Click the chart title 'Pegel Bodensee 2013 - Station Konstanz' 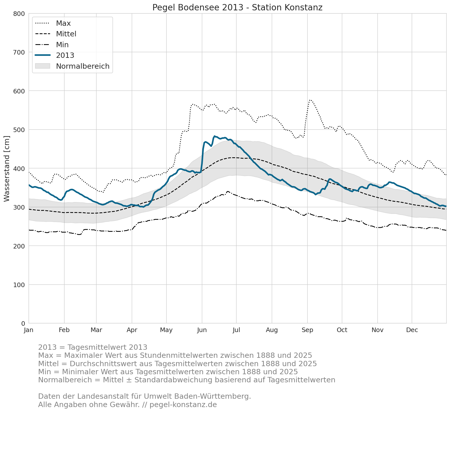point(237,8)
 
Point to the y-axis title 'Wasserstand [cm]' point(7,169)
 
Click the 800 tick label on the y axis point(19,14)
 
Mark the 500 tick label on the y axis point(19,130)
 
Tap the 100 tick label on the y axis point(19,285)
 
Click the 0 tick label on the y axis point(23,323)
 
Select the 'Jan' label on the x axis point(29,330)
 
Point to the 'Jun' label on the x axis point(202,330)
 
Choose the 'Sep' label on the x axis point(307,330)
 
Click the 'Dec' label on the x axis point(412,330)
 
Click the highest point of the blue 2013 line point(214,136)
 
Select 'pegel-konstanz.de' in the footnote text point(183,405)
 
